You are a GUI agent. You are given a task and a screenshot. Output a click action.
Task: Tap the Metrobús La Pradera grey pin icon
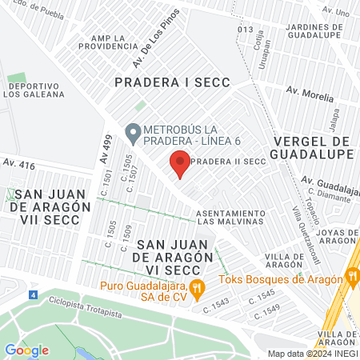[x=133, y=130]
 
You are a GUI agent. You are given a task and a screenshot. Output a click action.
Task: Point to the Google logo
[x=26, y=350]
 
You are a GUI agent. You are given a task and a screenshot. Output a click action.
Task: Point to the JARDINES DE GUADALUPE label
[x=314, y=30]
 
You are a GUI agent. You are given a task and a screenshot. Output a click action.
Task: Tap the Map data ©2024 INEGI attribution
[x=312, y=354]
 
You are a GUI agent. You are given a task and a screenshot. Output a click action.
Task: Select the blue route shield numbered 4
[x=33, y=295]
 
